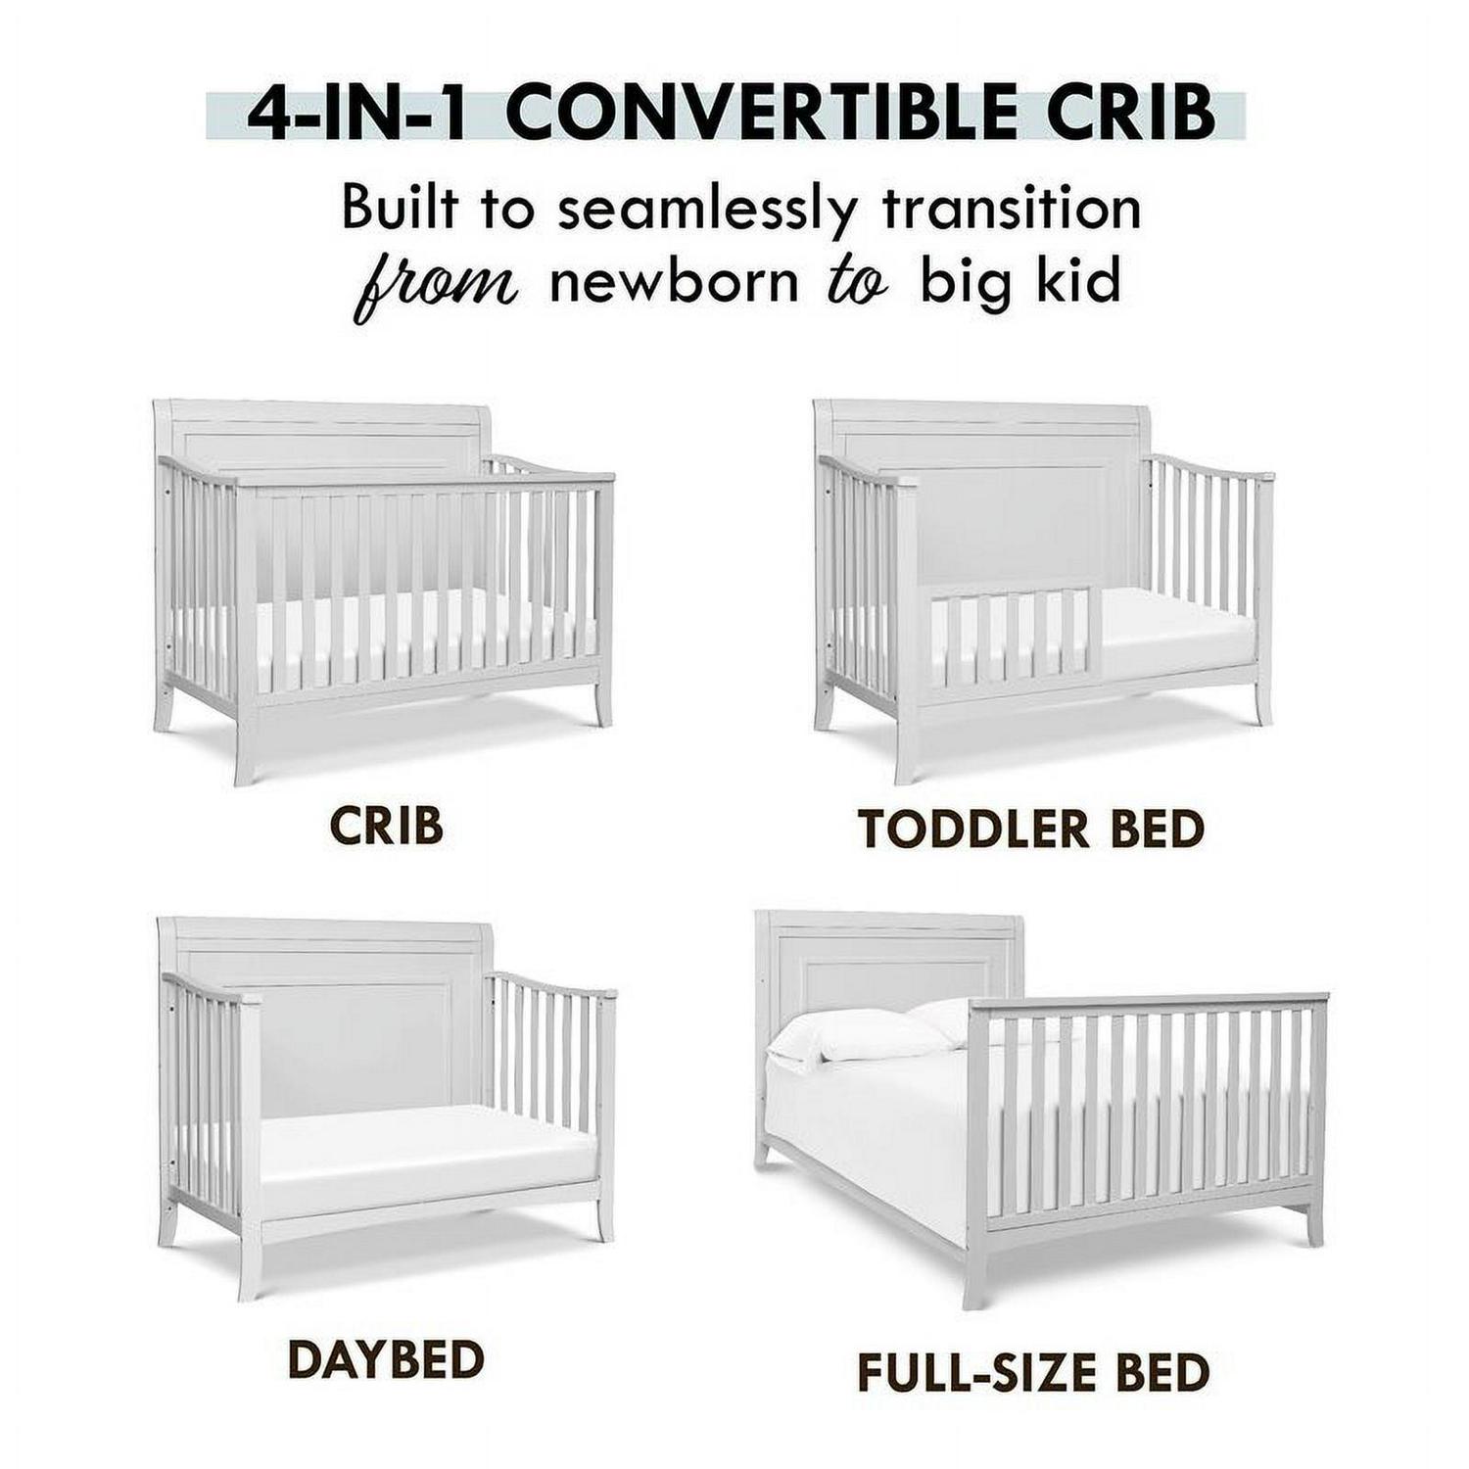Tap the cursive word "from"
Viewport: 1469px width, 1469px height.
(435, 284)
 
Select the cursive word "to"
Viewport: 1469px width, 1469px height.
(857, 282)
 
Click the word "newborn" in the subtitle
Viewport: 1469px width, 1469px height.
(673, 282)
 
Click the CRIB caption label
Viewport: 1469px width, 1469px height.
(387, 827)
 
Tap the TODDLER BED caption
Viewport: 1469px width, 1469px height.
(1031, 829)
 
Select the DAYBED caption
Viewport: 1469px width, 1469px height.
(386, 1359)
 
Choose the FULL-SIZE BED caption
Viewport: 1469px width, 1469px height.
(1033, 1372)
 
